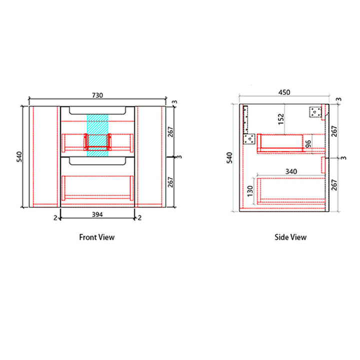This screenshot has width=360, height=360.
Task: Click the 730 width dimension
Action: click(97, 95)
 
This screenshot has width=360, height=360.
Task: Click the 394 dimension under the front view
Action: click(97, 214)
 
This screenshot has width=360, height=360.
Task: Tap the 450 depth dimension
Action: click(284, 92)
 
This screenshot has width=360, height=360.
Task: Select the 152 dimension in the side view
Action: click(281, 119)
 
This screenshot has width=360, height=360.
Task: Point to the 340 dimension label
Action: click(291, 171)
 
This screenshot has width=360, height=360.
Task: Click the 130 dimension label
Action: click(250, 191)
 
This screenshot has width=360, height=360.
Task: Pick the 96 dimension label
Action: click(308, 143)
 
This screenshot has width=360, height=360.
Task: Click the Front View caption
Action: click(97, 237)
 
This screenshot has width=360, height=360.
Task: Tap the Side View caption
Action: click(290, 237)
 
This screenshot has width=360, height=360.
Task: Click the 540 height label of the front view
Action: click(19, 157)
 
